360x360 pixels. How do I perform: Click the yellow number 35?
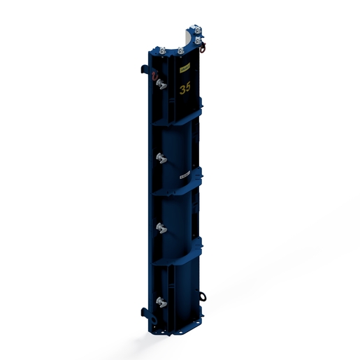(185, 88)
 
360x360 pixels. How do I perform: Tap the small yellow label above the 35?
(185, 69)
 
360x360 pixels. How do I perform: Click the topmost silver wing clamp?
(161, 85)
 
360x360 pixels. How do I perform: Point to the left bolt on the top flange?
(161, 52)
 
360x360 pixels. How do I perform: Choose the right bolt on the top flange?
(180, 50)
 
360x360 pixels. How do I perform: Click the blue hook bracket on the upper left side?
(141, 70)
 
